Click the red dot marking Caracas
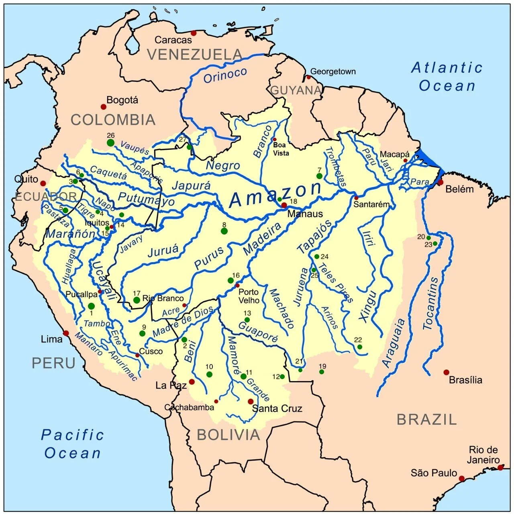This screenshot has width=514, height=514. coord(194,33)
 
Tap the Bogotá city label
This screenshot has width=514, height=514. coord(122,100)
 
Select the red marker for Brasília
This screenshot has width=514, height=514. coord(446,372)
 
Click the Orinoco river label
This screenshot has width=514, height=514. coord(225,75)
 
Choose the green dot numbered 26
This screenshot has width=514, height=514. coord(110,143)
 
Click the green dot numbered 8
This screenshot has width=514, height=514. coord(224,231)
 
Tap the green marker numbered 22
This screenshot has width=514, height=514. coord(360,347)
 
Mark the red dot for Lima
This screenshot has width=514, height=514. coord(66,333)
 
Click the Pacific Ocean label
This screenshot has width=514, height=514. coord(73,444)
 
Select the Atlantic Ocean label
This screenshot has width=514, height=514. coord(447,77)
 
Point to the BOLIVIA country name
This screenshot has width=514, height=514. coord(228,435)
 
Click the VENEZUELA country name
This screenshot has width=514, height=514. coord(195,54)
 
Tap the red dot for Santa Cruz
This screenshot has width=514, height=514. coord(251,402)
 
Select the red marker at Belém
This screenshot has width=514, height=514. coord(441,182)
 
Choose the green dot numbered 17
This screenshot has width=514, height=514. coord(137,300)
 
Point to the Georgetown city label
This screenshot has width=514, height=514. coord(333,71)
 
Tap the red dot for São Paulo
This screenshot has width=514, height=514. coord(462,478)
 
